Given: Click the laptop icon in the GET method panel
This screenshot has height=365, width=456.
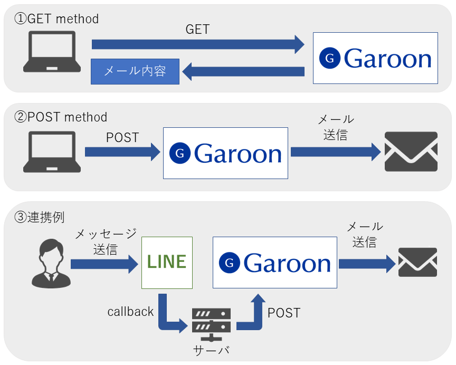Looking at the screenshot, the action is point(52,52).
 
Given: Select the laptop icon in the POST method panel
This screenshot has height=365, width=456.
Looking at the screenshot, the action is point(52,152).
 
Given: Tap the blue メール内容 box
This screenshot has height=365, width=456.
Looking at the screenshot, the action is point(135,72).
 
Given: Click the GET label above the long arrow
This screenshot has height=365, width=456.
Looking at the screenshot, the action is point(197,30).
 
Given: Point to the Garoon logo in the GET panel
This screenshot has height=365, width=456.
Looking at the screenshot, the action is point(375,58).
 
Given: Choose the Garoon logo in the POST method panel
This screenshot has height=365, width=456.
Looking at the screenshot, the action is point(225,153).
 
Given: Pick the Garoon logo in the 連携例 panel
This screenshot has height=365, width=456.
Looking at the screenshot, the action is point(275,263).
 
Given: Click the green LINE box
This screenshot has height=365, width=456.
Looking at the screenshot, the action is point(167,263).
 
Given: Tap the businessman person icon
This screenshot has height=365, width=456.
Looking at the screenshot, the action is point(51,264).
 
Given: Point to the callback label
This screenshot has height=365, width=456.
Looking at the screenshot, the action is point(130,312).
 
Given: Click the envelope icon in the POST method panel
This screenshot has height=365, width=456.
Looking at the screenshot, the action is point(411,152).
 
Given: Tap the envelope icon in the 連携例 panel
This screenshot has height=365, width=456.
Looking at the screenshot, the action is point(417,262).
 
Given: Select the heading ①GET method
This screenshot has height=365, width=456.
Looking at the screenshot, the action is point(56,19).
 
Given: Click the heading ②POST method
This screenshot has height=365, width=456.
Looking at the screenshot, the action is point(61,117).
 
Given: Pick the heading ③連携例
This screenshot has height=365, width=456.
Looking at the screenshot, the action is point(39,217).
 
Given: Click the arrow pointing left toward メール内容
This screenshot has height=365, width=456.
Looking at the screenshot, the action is point(243,72).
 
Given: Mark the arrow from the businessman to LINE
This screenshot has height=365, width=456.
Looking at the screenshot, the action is point(104,264).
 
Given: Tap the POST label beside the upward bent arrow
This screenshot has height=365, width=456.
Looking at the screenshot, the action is point(284,313).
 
